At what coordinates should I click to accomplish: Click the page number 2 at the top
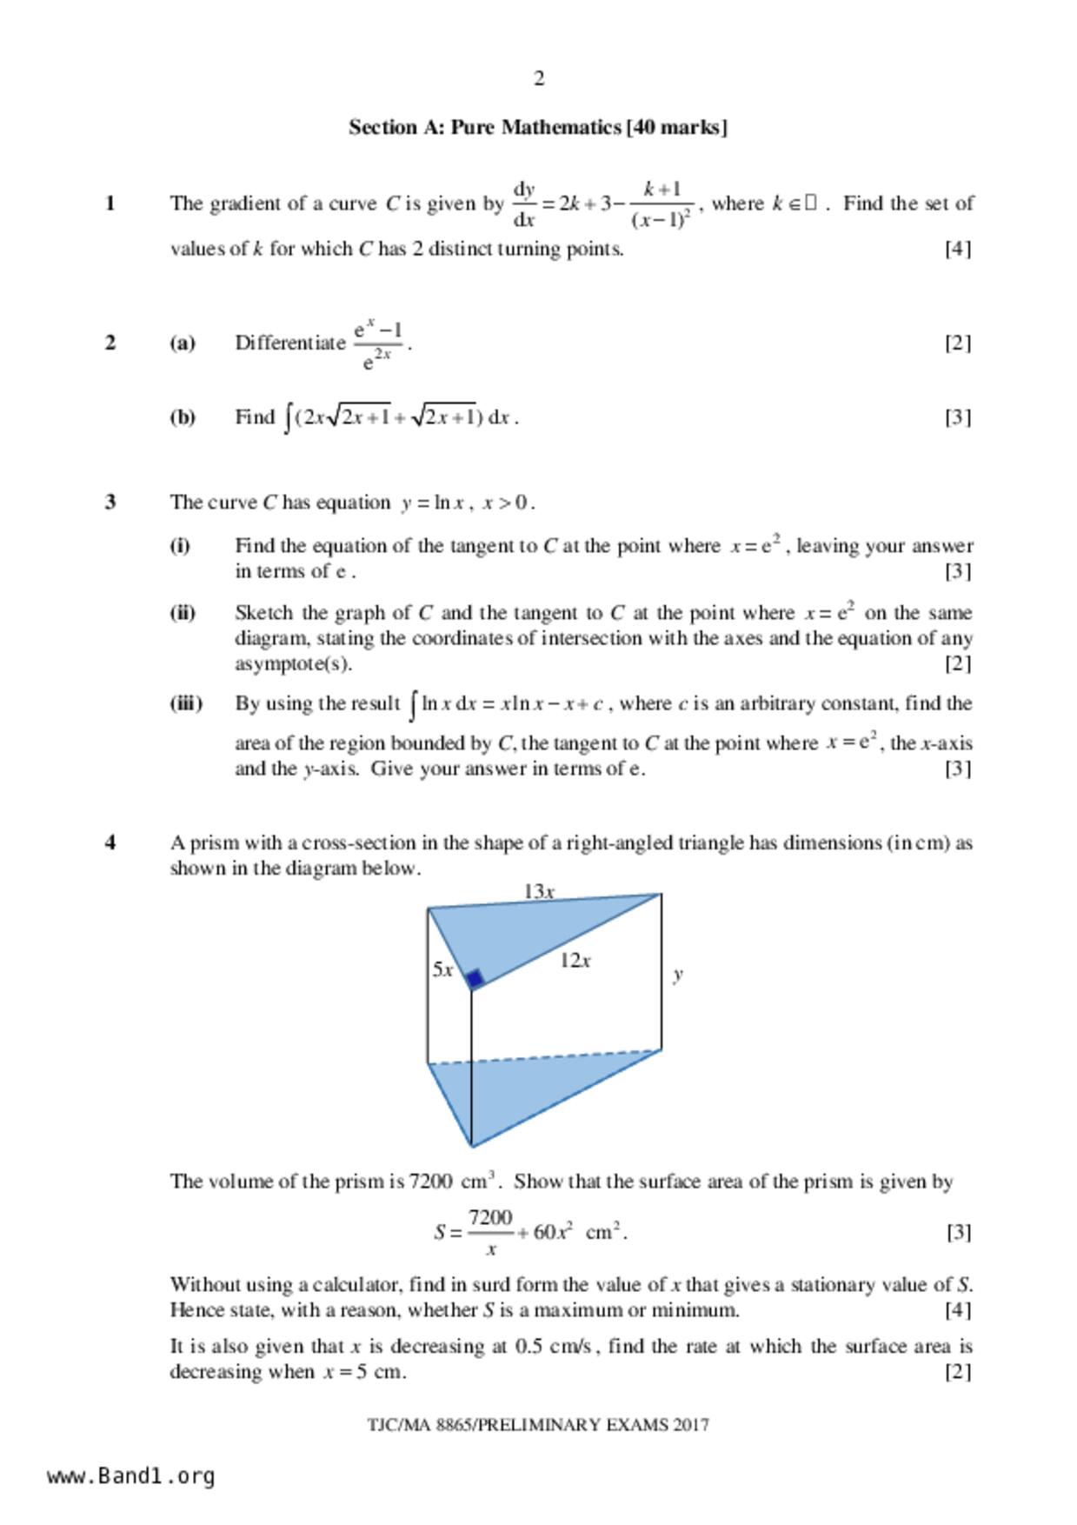539,79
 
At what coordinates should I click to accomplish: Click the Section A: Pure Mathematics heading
538,128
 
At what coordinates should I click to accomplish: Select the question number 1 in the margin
110,203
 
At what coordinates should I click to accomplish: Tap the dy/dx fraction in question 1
524,204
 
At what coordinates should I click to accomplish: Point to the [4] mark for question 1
957,249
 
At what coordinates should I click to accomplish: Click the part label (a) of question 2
183,343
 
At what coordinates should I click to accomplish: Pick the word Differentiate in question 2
290,343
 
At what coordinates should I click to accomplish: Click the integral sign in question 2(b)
288,418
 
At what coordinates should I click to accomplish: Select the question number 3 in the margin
110,503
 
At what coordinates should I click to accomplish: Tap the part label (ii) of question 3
183,613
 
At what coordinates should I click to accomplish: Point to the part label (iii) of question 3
185,703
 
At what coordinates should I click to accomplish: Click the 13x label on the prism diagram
539,891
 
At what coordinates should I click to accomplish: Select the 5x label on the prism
442,969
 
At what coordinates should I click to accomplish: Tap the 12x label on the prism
575,961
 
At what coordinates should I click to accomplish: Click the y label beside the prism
678,975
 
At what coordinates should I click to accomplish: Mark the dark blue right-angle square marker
475,980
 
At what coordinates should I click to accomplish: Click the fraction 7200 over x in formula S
490,1232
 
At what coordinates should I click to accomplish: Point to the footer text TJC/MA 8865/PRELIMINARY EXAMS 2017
538,1425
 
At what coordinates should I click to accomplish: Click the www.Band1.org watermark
131,1476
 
